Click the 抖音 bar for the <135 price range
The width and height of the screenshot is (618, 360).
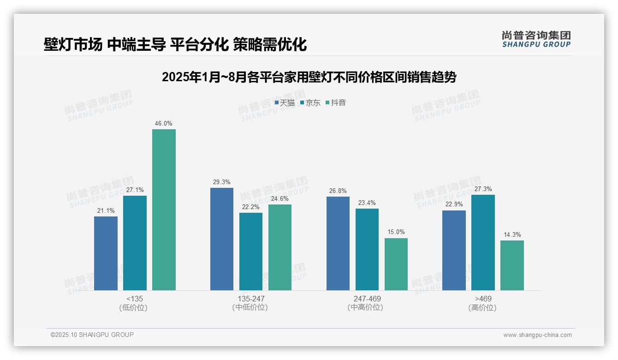[164, 210]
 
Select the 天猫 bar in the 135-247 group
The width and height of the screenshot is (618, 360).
[222, 239]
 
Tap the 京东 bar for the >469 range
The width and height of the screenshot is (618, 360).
[483, 242]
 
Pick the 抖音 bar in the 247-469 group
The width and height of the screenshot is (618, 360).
[396, 264]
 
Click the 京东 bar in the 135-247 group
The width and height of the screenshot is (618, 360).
[251, 252]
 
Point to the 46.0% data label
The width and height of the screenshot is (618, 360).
[164, 124]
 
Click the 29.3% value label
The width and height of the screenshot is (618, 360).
[222, 182]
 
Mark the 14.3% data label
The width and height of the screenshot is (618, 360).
[512, 235]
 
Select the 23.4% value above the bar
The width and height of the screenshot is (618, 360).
[367, 203]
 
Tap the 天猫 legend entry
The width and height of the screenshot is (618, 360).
[285, 103]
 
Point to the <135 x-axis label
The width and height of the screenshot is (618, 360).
[135, 299]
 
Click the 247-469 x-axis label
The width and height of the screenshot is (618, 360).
[367, 299]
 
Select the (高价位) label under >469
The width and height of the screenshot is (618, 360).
[483, 307]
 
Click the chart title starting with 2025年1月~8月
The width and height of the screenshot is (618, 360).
[309, 77]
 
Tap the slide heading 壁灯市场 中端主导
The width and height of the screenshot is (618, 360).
[175, 45]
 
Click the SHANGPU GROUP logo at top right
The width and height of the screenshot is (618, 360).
[536, 39]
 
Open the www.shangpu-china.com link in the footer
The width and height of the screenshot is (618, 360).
[537, 335]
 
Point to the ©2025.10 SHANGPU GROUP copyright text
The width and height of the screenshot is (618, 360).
[92, 335]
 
